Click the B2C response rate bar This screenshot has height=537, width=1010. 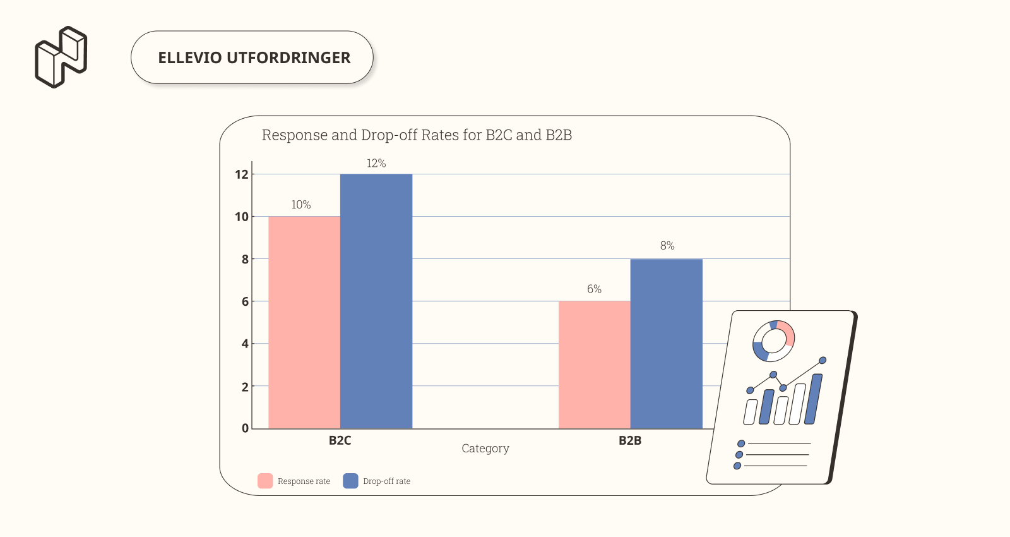click(x=304, y=322)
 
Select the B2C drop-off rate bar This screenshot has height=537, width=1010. click(x=376, y=301)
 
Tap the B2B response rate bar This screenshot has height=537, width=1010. click(x=594, y=365)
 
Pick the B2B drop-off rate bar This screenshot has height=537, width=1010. click(x=666, y=343)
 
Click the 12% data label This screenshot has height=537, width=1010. click(x=376, y=164)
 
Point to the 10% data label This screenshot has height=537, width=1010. click(x=301, y=205)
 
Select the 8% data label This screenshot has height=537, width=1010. click(x=667, y=246)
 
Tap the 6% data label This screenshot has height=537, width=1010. click(x=594, y=289)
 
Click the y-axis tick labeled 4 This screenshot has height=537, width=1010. click(x=245, y=344)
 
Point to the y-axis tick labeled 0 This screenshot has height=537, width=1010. click(x=245, y=428)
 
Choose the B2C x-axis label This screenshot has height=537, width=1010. click(x=340, y=440)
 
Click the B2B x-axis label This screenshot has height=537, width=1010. click(x=630, y=440)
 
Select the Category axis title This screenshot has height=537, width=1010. click(x=485, y=449)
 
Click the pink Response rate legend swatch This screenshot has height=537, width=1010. click(x=265, y=481)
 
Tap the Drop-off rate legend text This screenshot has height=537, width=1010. click(x=386, y=481)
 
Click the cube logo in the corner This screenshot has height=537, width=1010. click(x=61, y=57)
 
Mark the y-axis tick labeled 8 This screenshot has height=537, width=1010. click(x=245, y=259)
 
